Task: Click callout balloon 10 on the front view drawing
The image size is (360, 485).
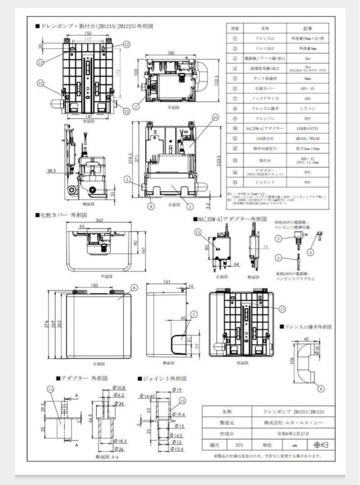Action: pos(215,118)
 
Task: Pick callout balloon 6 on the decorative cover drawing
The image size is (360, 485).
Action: pos(134,287)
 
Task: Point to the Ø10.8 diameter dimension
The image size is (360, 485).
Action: pos(119,388)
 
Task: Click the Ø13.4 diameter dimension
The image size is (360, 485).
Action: pos(179,450)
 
